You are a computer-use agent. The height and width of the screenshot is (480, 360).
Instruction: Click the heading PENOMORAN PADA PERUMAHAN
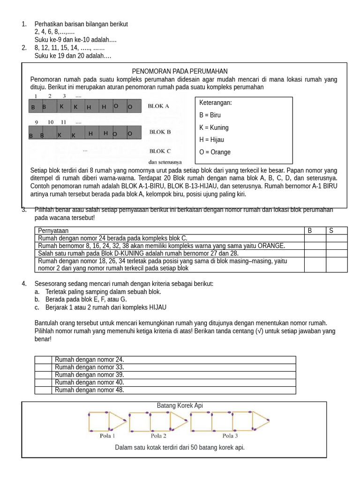180,71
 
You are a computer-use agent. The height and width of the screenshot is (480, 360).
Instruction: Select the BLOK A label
158,106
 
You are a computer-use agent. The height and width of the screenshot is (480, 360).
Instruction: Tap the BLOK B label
160,132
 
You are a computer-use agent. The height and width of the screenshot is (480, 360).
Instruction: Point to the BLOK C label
160,151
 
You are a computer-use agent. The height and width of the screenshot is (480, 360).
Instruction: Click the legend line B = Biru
210,115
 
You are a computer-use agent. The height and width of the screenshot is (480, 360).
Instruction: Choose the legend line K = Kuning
214,127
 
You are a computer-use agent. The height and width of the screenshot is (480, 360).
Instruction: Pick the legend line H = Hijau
211,140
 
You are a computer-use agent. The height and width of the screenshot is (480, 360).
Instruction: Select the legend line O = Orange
215,152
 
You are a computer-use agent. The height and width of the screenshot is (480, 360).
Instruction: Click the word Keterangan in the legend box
216,103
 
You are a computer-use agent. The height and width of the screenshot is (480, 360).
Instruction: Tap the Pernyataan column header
53,231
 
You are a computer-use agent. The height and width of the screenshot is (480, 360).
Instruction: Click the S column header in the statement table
331,231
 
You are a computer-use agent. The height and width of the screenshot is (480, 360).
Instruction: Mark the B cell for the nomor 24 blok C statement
315,238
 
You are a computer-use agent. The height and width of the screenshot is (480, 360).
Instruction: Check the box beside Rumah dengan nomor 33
43,367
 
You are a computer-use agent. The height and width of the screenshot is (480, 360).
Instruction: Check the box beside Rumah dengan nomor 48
43,390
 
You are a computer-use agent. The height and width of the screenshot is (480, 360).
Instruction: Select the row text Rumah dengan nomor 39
89,375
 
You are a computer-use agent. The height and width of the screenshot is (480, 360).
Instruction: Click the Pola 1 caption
107,435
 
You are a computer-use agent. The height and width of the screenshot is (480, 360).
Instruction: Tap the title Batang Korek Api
180,405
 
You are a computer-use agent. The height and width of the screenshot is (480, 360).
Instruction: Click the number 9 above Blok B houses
36,122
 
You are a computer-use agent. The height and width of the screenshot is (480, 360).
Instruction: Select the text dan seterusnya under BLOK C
165,162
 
